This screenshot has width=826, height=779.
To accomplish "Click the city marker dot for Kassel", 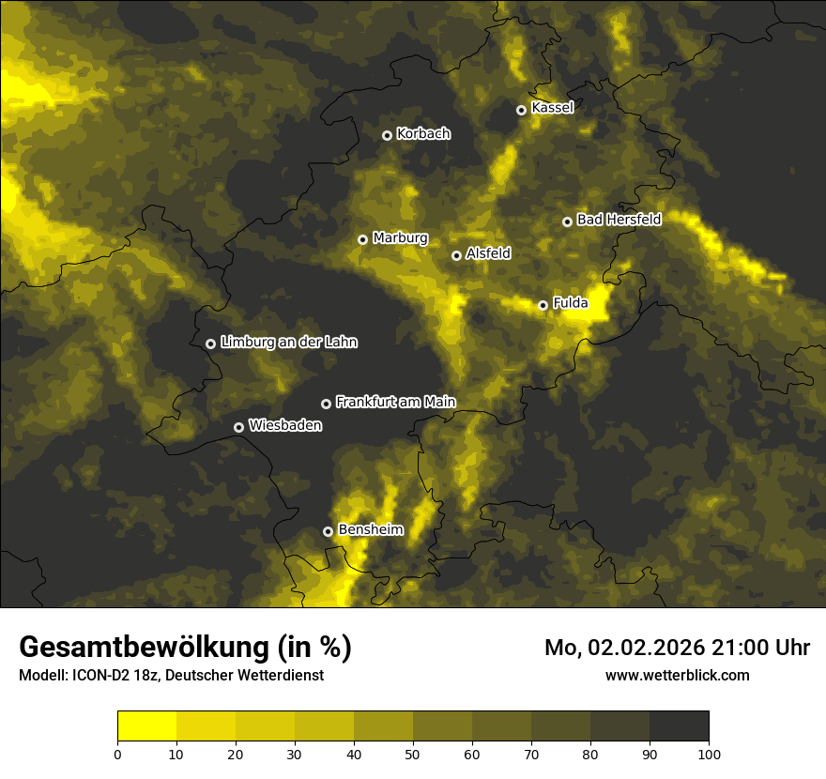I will point(521,110).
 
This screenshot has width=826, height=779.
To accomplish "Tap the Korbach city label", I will point(423,133).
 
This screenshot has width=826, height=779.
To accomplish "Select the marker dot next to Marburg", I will point(362,239).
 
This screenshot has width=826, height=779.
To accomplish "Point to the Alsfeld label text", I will point(488,253).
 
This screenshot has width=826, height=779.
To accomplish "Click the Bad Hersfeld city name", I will point(619,220).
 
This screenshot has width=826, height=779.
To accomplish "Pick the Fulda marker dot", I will point(543,305).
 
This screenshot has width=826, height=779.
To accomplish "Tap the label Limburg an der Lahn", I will point(288,343).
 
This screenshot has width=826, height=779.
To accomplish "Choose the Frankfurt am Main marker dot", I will point(326,404).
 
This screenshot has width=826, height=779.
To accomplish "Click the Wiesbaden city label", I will point(285,425).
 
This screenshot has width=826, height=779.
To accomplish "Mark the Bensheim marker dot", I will point(328,531).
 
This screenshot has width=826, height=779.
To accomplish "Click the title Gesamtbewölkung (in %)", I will point(185,647).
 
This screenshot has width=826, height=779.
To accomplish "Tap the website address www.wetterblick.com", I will point(678,675).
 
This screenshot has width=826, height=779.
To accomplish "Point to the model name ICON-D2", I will point(95,676).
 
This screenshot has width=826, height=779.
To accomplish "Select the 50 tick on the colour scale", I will point(413,754).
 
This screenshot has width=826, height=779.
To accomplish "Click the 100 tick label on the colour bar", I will point(709,754).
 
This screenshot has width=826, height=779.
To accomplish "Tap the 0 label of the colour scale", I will point(117,754).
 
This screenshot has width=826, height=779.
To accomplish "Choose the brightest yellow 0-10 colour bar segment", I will point(146,726).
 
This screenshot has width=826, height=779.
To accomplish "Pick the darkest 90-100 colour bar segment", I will point(679,726).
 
